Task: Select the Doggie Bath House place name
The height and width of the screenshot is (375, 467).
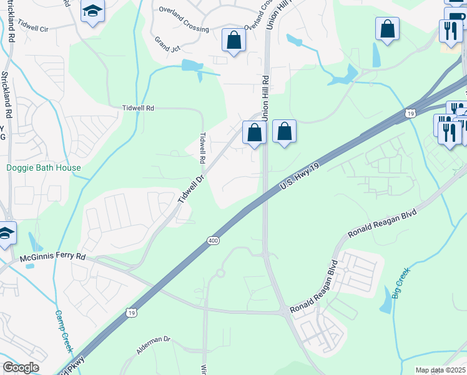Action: coord(44,167)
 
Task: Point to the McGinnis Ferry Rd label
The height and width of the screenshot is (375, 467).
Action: coord(51,257)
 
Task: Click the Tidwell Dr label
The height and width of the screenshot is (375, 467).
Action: coord(191,189)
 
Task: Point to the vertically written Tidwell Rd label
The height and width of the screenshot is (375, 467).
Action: coord(202,147)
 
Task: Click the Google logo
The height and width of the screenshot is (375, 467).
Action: coord(21,367)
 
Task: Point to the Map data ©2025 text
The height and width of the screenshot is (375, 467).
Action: coord(441,370)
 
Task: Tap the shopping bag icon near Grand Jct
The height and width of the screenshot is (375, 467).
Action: coord(234,41)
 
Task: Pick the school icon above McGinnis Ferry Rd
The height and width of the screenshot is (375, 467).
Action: coord(5,234)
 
